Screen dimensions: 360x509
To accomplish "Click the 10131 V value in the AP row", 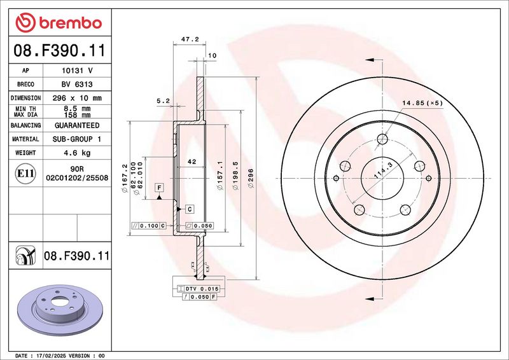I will click(x=77, y=71).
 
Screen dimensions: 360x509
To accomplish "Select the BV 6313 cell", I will click(x=77, y=85).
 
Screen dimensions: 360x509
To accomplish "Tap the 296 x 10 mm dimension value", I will click(x=77, y=98).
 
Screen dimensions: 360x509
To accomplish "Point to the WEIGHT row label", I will click(x=25, y=153).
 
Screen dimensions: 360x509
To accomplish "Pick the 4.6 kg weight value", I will click(x=77, y=153).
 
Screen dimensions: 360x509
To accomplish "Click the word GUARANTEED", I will click(x=77, y=125).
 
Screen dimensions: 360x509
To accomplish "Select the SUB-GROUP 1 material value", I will click(x=77, y=139).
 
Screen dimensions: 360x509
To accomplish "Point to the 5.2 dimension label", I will click(x=163, y=100).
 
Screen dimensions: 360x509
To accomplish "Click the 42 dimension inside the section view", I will click(x=191, y=162).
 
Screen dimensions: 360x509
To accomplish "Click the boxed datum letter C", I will click(x=189, y=209).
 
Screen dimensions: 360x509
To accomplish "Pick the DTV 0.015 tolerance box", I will click(x=201, y=289).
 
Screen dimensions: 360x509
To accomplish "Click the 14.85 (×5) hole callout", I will click(x=422, y=102).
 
